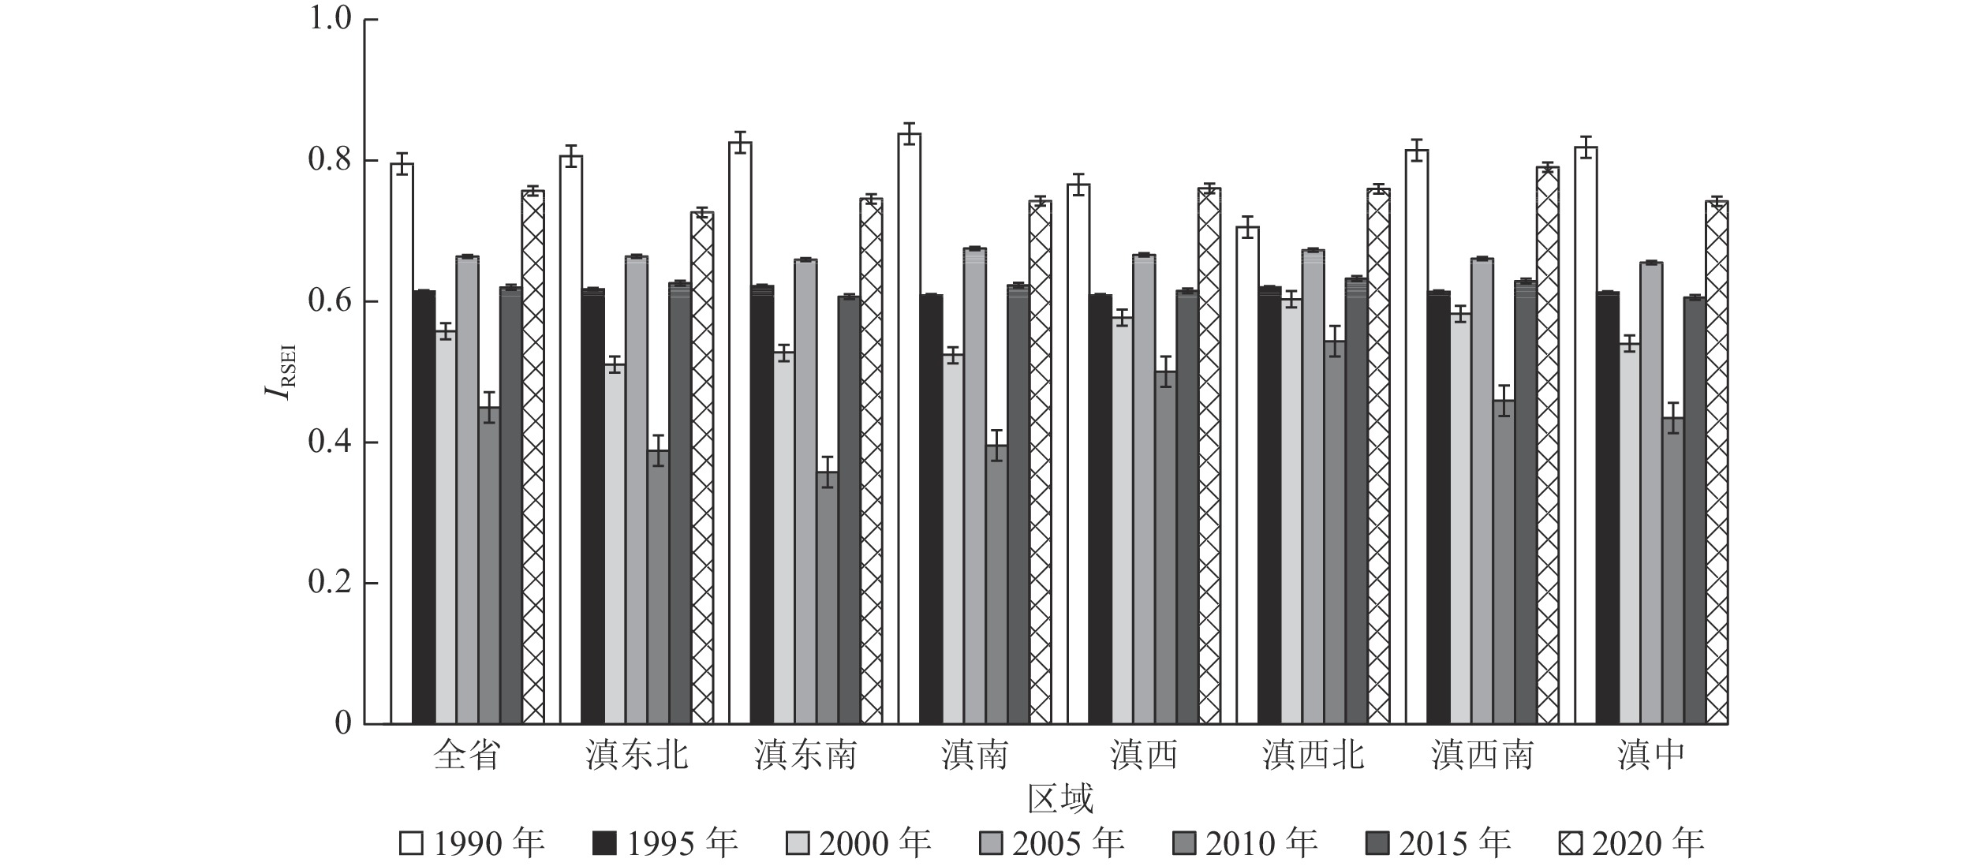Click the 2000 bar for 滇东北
[615, 544]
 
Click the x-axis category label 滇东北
[637, 756]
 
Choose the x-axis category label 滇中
[1650, 756]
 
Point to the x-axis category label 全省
[467, 756]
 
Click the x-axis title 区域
[1060, 799]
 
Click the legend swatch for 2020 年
[1570, 844]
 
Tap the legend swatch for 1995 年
[603, 844]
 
